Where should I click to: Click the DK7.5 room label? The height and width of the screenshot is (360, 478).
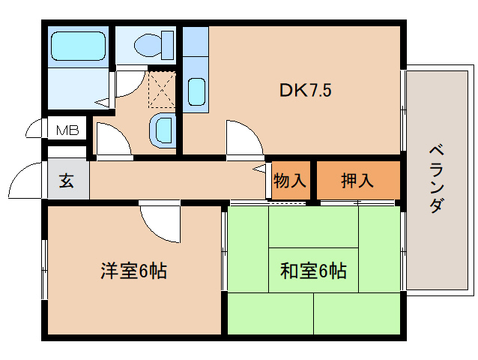pyautogui.click(x=306, y=91)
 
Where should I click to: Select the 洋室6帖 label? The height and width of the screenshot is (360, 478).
pyautogui.click(x=133, y=271)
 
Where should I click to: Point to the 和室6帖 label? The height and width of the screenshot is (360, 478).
pyautogui.click(x=313, y=271)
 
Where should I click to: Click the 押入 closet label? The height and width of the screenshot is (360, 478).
pyautogui.click(x=357, y=181)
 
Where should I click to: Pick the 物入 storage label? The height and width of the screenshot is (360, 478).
pyautogui.click(x=289, y=181)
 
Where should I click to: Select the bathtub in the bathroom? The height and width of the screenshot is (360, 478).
pyautogui.click(x=76, y=46)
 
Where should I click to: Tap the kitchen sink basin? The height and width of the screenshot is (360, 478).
pyautogui.click(x=196, y=92)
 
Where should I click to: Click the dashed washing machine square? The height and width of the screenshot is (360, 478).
pyautogui.click(x=162, y=88)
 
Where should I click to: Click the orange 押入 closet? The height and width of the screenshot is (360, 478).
pyautogui.click(x=357, y=181)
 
